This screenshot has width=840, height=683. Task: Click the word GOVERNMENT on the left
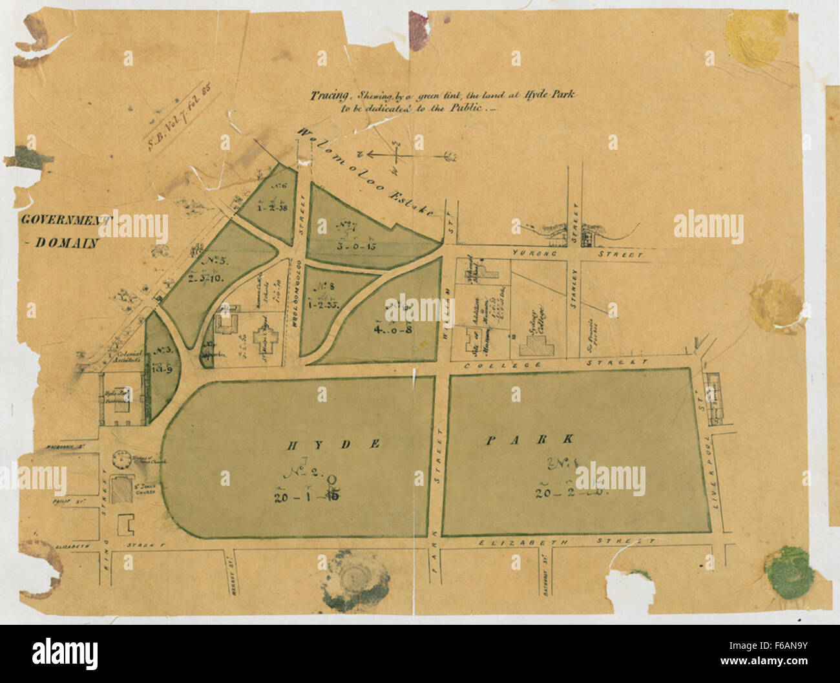click(65, 219)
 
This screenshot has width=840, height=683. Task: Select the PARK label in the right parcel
click(530, 440)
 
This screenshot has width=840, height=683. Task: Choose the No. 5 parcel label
click(209, 264)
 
